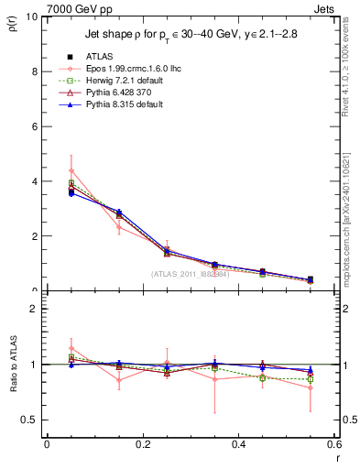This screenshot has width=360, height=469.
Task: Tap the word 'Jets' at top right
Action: coord(324,8)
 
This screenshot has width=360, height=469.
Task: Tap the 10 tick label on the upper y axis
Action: coord(31,17)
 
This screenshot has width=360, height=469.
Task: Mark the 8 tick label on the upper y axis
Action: coord(34,71)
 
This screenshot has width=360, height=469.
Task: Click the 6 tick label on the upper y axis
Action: coord(34,126)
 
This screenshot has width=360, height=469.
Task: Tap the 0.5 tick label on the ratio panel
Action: coord(30,420)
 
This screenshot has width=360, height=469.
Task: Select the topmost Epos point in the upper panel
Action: coord(71,170)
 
